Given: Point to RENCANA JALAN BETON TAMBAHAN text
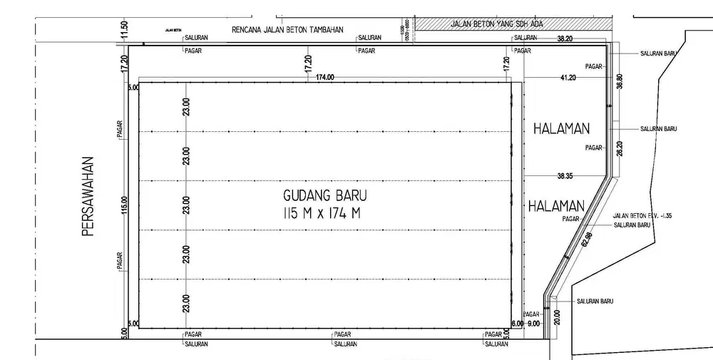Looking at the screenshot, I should pyautogui.click(x=288, y=30).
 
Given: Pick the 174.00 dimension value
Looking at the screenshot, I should pyautogui.click(x=324, y=77).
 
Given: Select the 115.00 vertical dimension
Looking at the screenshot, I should pyautogui.click(x=124, y=205).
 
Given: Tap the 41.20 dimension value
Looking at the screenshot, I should pyautogui.click(x=568, y=77).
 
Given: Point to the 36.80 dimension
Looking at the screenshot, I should pyautogui.click(x=620, y=81).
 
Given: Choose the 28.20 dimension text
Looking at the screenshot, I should pyautogui.click(x=620, y=148).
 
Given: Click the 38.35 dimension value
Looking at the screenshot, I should pyautogui.click(x=566, y=175).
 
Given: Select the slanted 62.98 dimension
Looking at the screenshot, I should pyautogui.click(x=588, y=240).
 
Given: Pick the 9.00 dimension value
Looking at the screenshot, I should pyautogui.click(x=534, y=323).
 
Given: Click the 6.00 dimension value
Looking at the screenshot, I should pyautogui.click(x=518, y=324).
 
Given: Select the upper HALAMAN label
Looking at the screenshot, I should pyautogui.click(x=562, y=129).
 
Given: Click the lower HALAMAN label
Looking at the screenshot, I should pyautogui.click(x=556, y=205).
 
